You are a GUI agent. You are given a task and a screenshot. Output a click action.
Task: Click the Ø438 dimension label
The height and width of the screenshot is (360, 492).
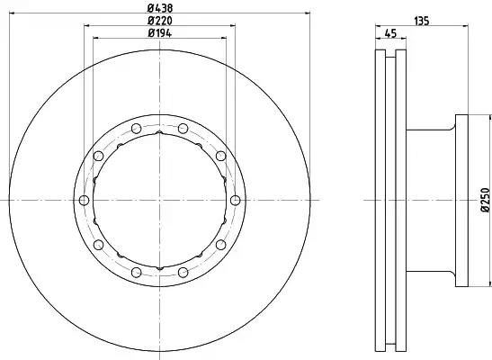point(160,8)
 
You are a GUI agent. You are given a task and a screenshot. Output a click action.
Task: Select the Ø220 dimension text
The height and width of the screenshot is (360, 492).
point(160,21)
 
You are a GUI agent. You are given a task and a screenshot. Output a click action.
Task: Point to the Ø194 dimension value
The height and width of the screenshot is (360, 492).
point(160,33)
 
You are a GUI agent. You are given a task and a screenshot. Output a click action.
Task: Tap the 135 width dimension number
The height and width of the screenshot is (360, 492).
point(422,21)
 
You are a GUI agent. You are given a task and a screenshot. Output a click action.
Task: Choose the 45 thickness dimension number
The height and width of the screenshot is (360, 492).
point(390,33)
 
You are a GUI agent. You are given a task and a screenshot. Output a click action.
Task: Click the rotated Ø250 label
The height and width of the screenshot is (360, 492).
point(485,200)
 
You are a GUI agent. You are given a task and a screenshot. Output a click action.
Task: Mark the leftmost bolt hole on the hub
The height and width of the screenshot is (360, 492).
point(84,200)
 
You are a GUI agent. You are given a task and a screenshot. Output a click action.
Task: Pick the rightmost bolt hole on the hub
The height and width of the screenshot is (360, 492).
point(236,200)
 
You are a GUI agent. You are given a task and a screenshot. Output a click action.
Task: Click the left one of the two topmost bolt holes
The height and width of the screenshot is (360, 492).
point(136,129)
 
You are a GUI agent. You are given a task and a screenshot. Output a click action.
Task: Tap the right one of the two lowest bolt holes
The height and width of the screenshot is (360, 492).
point(183,272)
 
